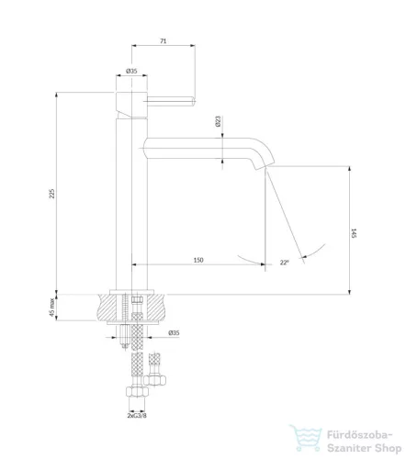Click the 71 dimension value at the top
coord(164,40)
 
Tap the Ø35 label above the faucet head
coord(131,71)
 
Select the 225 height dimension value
coord(52,194)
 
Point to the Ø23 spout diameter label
coord(218,121)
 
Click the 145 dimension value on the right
coord(354,233)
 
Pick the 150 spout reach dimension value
coord(198,260)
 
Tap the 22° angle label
coord(284,263)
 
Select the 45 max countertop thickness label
coord(52,308)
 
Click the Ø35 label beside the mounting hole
coord(174,332)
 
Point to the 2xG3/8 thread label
coord(137,415)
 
